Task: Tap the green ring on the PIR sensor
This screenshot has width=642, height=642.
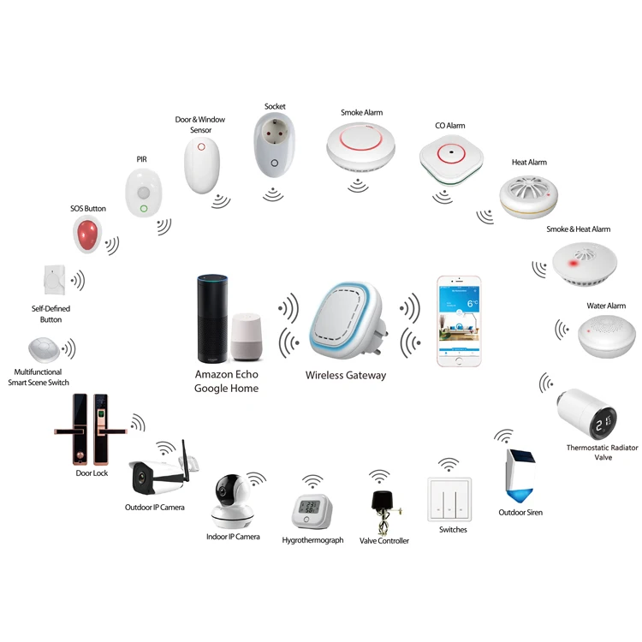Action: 143,208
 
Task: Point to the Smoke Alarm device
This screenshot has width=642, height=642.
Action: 360,145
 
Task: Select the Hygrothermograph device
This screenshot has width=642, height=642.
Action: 308,511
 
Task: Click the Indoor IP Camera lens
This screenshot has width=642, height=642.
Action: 227,492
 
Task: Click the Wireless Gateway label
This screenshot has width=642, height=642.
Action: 346,375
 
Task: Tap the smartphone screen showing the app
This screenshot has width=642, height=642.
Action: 460,318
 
